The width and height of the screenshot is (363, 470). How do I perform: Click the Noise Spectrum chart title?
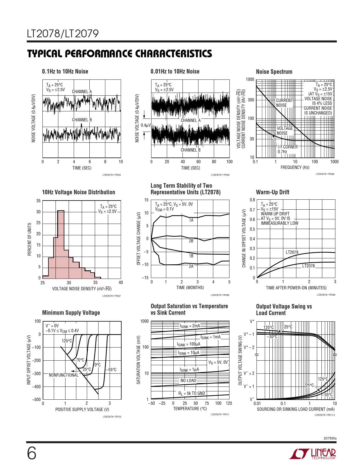274,72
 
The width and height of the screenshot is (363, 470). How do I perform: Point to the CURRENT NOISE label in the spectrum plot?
284,103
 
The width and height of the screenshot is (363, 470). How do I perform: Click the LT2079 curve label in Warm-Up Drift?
292,252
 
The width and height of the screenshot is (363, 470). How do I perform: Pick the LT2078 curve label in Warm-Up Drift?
308,266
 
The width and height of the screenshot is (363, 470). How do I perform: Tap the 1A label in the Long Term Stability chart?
191,220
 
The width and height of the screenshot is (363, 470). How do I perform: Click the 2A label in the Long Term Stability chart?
191,266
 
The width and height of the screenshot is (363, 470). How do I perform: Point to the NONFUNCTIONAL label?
63,375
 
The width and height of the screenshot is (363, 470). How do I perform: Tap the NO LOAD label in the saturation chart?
188,381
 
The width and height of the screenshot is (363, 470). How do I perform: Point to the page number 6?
32,453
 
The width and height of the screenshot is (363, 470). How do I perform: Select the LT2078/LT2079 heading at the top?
63,34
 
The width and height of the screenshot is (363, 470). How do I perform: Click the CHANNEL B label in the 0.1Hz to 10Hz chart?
82,120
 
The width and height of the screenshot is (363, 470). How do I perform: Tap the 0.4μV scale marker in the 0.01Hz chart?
145,125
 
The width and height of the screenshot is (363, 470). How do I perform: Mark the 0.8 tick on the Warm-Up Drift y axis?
252,200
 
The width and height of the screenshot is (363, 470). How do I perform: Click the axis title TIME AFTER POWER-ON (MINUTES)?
296,288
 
